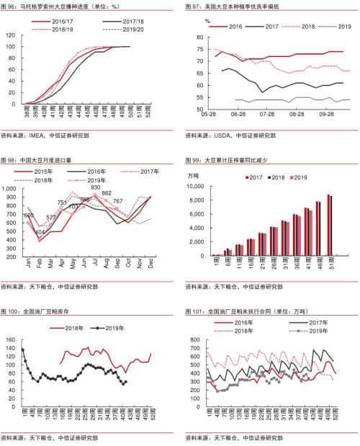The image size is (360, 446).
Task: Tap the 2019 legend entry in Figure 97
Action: pyautogui.click(x=332, y=25)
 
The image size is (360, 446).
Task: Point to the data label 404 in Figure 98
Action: pyautogui.click(x=40, y=232)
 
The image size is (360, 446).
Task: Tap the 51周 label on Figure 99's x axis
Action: pyautogui.click(x=330, y=269)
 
